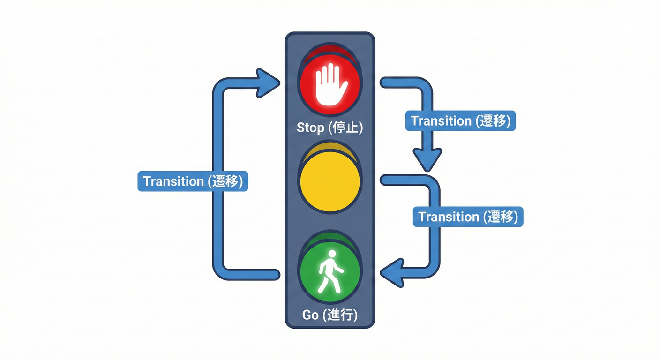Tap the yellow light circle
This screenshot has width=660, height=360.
pos(330,181)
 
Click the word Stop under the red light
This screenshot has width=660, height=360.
pos(310,127)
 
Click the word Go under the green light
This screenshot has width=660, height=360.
pos(310,315)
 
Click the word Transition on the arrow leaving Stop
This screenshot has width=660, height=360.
pos(441,121)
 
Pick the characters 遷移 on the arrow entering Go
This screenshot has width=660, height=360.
pos(501,217)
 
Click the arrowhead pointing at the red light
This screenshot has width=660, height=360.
pos(268,82)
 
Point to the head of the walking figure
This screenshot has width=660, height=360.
pos(332,254)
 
